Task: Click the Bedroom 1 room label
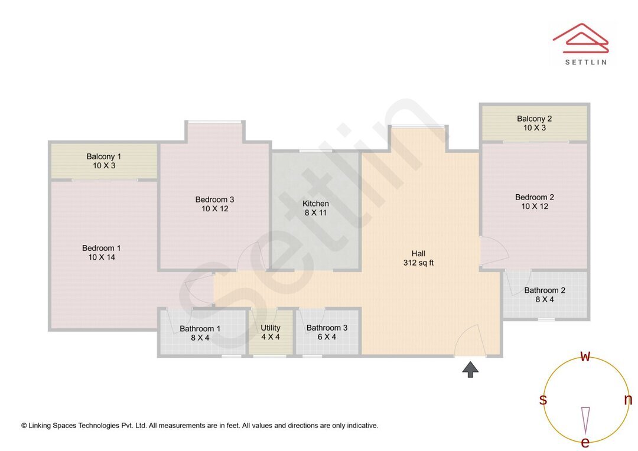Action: (102, 248)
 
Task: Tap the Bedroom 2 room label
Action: (534, 197)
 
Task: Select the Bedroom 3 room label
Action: (215, 200)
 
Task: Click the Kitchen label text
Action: (315, 204)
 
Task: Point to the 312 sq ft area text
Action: (418, 263)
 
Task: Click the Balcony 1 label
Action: (103, 156)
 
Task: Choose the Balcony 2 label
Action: (534, 119)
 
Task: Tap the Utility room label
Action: (271, 328)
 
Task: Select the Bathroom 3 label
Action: (327, 328)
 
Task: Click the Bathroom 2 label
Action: (545, 290)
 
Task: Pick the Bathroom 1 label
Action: (200, 329)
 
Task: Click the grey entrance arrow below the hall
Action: (470, 370)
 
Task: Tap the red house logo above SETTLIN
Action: (580, 37)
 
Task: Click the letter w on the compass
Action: (585, 356)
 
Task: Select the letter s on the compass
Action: (543, 400)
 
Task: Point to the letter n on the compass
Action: (628, 400)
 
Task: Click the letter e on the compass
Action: (585, 442)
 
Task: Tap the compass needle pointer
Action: (585, 419)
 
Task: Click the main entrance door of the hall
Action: (471, 342)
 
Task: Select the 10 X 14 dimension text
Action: (102, 257)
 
